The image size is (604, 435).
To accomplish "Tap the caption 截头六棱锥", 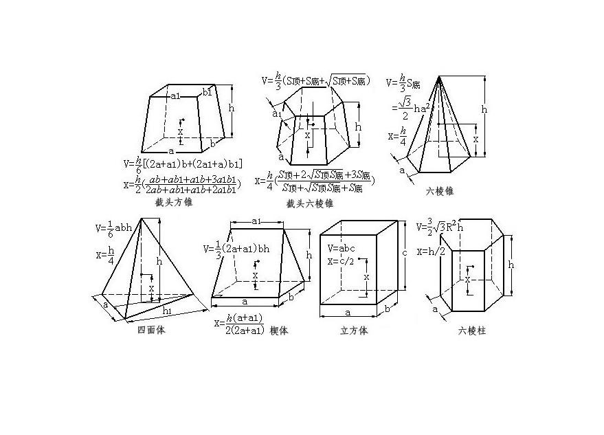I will pos(310,203).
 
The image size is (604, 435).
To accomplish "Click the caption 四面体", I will pos(151,330).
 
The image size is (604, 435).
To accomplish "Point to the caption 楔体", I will pos(279,330).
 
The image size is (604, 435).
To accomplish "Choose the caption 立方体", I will pos(354,331).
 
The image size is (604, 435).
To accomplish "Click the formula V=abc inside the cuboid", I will pos(342,247).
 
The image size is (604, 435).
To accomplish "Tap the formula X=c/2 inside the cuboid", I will pos(342,260).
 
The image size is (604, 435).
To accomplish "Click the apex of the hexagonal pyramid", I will pos(438,79).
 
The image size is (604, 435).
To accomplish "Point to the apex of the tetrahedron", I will pos(143,219).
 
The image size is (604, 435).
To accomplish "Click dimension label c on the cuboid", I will pos(405,254).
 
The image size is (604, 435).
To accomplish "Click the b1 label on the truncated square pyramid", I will pos(208,92).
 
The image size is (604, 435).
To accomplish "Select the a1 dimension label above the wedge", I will pos(256,221).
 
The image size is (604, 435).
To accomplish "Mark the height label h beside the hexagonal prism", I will pos(511,265).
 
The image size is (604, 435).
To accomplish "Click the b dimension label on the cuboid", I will pos(387,309).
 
